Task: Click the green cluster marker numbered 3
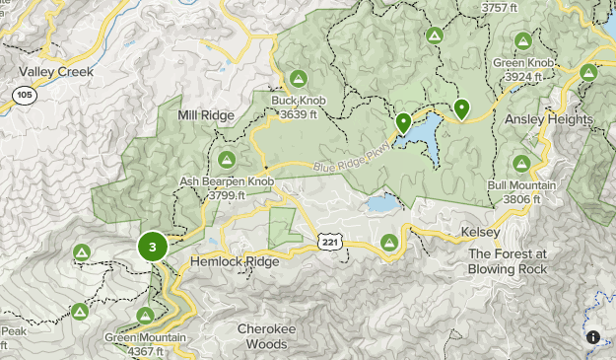(x=152, y=247)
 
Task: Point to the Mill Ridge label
(x=205, y=115)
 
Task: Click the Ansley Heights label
(x=549, y=119)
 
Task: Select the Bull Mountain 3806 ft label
(x=521, y=192)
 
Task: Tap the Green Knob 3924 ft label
(x=524, y=69)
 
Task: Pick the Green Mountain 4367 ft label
(x=145, y=343)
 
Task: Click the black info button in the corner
(x=593, y=337)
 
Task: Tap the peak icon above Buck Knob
(x=298, y=79)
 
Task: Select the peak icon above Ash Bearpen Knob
(x=226, y=159)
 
